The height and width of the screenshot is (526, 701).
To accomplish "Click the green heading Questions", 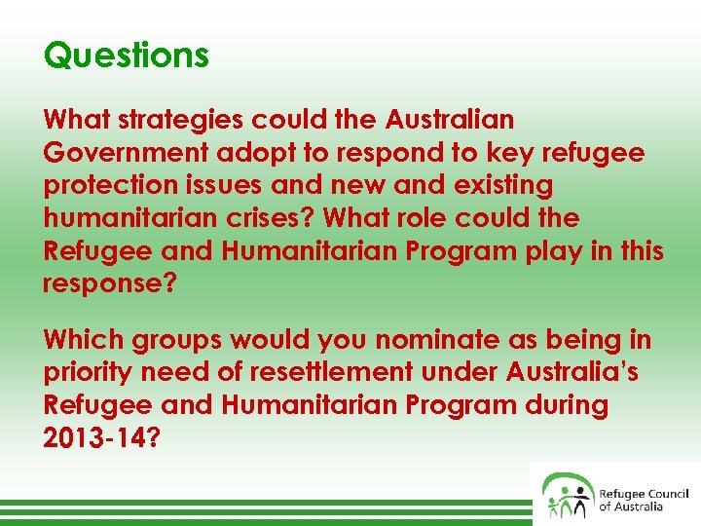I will coord(127,55).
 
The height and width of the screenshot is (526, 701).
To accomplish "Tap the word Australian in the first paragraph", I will coord(449,120).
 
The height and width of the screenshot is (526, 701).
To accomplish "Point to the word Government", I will coord(124,153).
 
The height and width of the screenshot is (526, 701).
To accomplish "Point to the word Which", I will coord(80,341).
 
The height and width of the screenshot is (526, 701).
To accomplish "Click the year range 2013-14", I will coord(93,438).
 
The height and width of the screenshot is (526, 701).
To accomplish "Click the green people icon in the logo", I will coord(568,494).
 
